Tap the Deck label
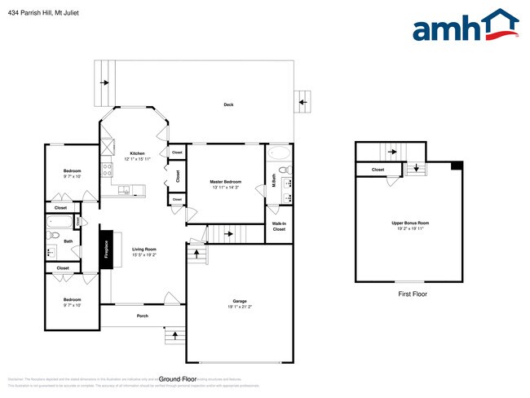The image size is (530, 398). (229, 104)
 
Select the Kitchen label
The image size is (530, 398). (137, 153)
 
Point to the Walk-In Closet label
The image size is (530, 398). (279, 226)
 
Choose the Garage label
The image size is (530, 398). (237, 301)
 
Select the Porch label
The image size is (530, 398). (142, 316)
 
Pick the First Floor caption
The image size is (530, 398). (412, 294)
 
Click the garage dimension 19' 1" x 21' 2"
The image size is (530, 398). (237, 307)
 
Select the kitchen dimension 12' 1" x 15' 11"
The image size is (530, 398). (137, 160)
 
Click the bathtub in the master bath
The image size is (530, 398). (279, 154)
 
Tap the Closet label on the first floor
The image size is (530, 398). (378, 170)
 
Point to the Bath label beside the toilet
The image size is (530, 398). (68, 241)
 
